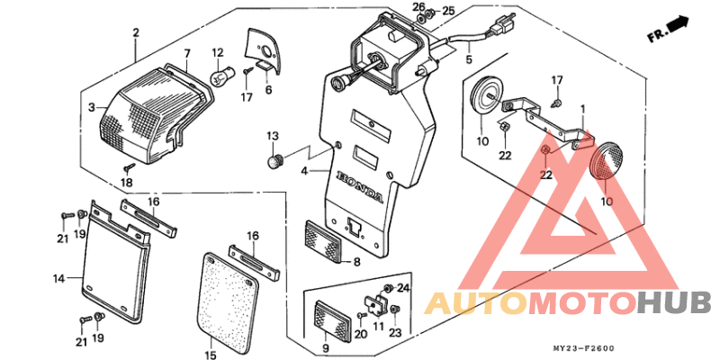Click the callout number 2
pyautogui.click(x=136, y=33)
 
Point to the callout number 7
pyautogui.click(x=187, y=52)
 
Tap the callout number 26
pyautogui.click(x=418, y=8)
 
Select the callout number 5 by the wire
pyautogui.click(x=467, y=60)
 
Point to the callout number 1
pyautogui.click(x=583, y=109)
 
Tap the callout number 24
pyautogui.click(x=402, y=288)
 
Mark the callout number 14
pyautogui.click(x=58, y=279)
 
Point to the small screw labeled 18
pyautogui.click(x=130, y=168)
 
